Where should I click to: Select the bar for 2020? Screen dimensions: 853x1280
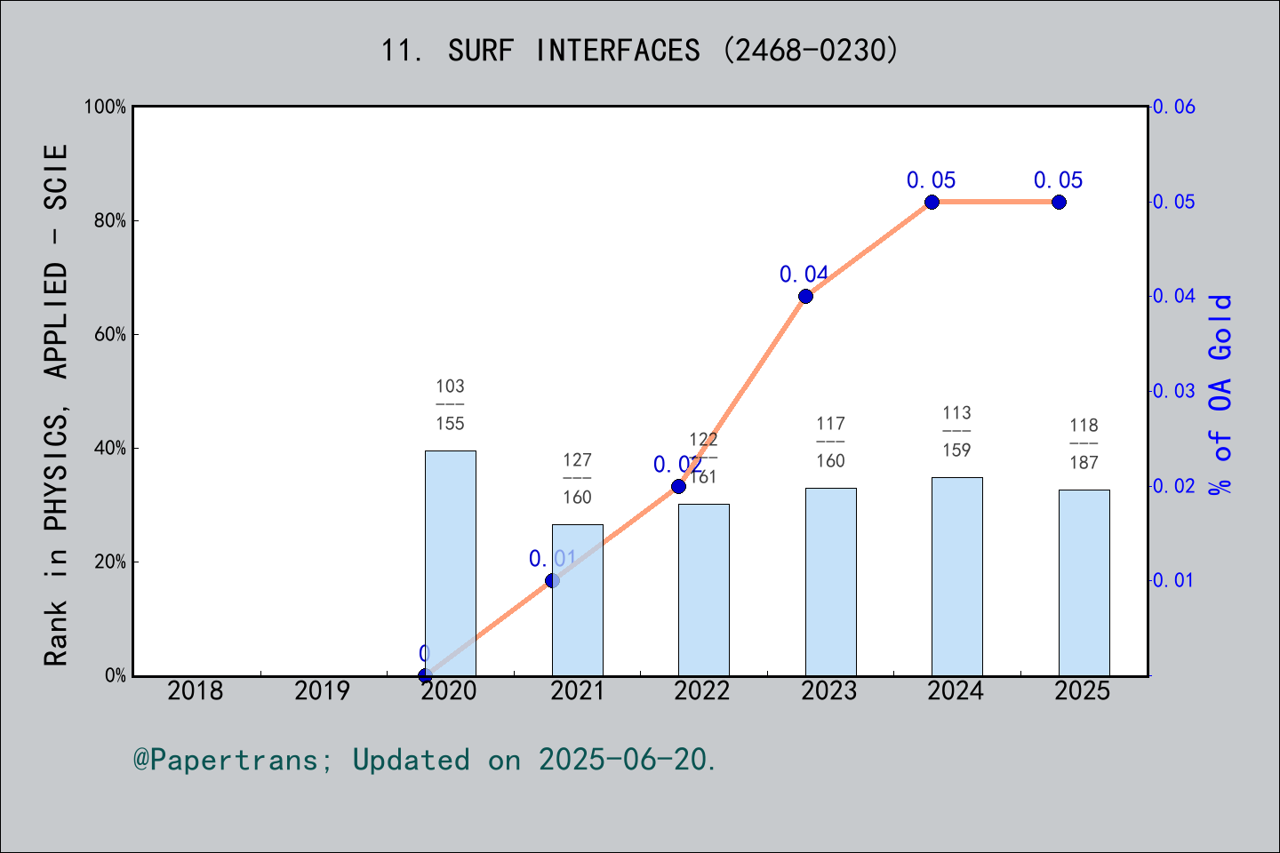450,563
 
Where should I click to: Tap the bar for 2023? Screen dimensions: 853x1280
830,582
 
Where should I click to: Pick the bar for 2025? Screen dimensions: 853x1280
1084,583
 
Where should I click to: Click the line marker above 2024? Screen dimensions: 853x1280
932,202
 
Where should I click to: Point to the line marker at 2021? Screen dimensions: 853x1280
552,580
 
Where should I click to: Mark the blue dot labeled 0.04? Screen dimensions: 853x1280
805,296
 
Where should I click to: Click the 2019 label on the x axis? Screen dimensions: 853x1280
322,690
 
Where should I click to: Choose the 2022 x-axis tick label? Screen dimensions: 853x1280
702,690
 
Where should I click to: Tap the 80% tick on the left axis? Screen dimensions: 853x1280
110,220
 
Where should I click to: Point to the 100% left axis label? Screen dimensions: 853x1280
105,107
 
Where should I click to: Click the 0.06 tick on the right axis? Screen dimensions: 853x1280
1175,107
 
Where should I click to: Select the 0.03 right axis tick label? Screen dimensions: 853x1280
1175,391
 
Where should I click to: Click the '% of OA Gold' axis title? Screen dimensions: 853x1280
1220,395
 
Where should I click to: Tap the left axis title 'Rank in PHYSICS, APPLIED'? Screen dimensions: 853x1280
56,404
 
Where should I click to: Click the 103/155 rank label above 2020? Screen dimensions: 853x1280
450,404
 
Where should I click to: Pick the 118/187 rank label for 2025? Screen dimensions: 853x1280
1084,443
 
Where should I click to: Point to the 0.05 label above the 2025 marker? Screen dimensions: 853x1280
1058,180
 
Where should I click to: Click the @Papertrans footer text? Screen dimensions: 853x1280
424,760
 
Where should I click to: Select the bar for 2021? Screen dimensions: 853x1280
577,600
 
